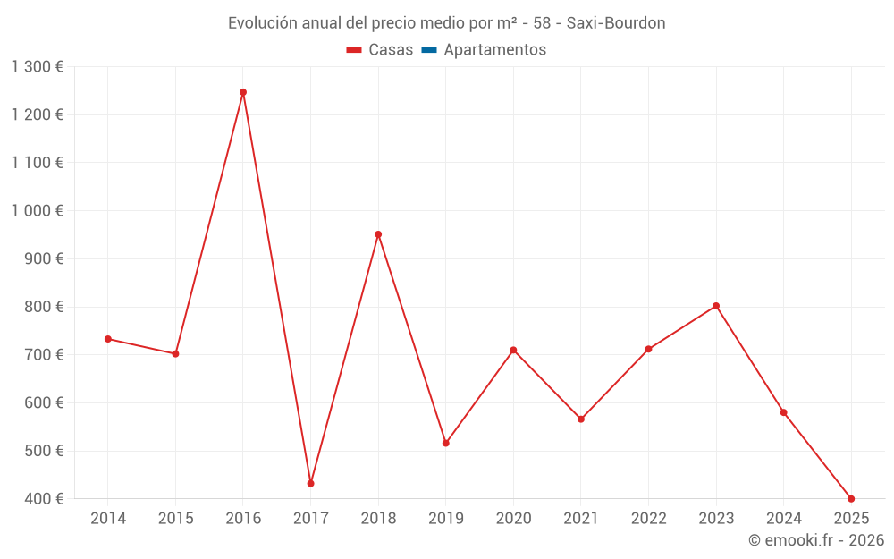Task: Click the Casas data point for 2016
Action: point(243,92)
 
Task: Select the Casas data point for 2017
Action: point(310,484)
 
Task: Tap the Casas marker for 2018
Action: point(378,234)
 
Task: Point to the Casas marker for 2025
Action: point(851,499)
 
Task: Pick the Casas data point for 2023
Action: point(716,306)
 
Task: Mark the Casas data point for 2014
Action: point(108,339)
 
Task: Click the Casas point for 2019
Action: point(446,444)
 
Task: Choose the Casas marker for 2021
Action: point(581,419)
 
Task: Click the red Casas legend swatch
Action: point(354,50)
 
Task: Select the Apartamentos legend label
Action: point(494,50)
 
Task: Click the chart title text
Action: point(446,23)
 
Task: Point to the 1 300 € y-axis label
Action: point(37,67)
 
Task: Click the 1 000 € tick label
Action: point(37,211)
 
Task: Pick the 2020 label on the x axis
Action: point(513,519)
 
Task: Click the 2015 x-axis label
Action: point(175,519)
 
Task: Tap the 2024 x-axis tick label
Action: point(783,519)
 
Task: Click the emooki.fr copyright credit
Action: point(816,540)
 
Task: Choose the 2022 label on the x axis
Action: point(648,519)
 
